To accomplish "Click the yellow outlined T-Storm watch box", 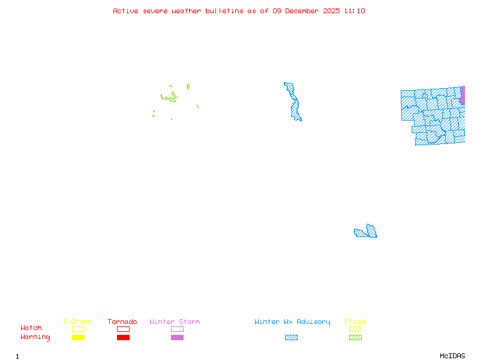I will [x=78, y=329].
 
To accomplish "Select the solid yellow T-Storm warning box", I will [x=78, y=338].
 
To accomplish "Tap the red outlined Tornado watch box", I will [x=123, y=329].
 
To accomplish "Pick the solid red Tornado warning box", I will [x=123, y=338].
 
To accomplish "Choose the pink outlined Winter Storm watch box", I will [x=177, y=329].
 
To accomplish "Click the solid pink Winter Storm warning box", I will [x=177, y=338].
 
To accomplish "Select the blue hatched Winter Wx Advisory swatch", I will [x=291, y=338].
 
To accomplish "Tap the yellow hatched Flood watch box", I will [x=355, y=329].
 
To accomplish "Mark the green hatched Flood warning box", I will [x=355, y=338].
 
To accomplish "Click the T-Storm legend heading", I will [x=77, y=322].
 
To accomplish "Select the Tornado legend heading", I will [x=122, y=322].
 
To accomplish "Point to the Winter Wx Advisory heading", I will [x=292, y=322].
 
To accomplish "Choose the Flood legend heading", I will [x=355, y=322].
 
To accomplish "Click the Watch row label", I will [x=31, y=328].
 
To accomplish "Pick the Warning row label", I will [x=35, y=337].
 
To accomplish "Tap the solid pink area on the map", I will [x=463, y=95].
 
